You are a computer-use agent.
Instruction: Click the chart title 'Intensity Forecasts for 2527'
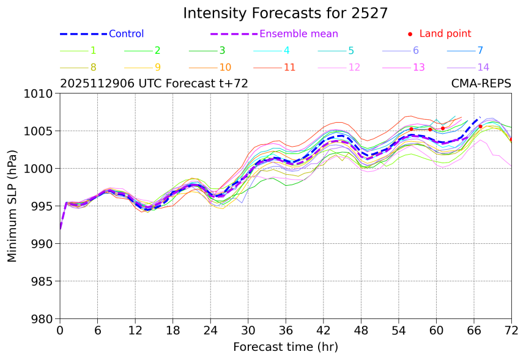pyautogui.click(x=286, y=13)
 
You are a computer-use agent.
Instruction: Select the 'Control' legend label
pyautogui.click(x=126, y=34)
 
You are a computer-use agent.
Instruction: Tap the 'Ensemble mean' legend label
pyautogui.click(x=298, y=34)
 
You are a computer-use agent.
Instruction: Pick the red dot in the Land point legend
pyautogui.click(x=410, y=34)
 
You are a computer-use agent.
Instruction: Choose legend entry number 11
pyautogui.click(x=290, y=67)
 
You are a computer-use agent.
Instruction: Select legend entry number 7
pyautogui.click(x=480, y=51)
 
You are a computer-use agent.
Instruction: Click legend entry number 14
pyautogui.click(x=483, y=67)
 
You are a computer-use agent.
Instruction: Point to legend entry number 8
pyautogui.click(x=93, y=67)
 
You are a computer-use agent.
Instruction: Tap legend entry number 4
pyautogui.click(x=286, y=51)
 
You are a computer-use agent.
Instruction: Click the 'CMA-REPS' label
pyautogui.click(x=481, y=84)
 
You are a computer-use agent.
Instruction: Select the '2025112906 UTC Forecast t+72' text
pyautogui.click(x=154, y=84)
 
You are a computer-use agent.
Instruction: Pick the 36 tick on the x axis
pyautogui.click(x=286, y=330)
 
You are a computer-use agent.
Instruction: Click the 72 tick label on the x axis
pyautogui.click(x=511, y=330)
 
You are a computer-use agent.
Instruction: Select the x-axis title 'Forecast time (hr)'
pyautogui.click(x=286, y=347)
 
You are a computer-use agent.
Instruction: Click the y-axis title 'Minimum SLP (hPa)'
pyautogui.click(x=13, y=206)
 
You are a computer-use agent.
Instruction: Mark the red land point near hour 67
pyautogui.click(x=480, y=127)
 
